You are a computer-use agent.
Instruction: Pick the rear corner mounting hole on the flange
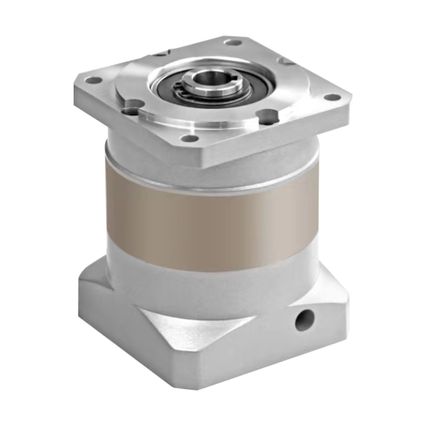coord(232,43)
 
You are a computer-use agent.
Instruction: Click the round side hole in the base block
coord(304,315)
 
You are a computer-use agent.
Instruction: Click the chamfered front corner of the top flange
coord(203,156)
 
